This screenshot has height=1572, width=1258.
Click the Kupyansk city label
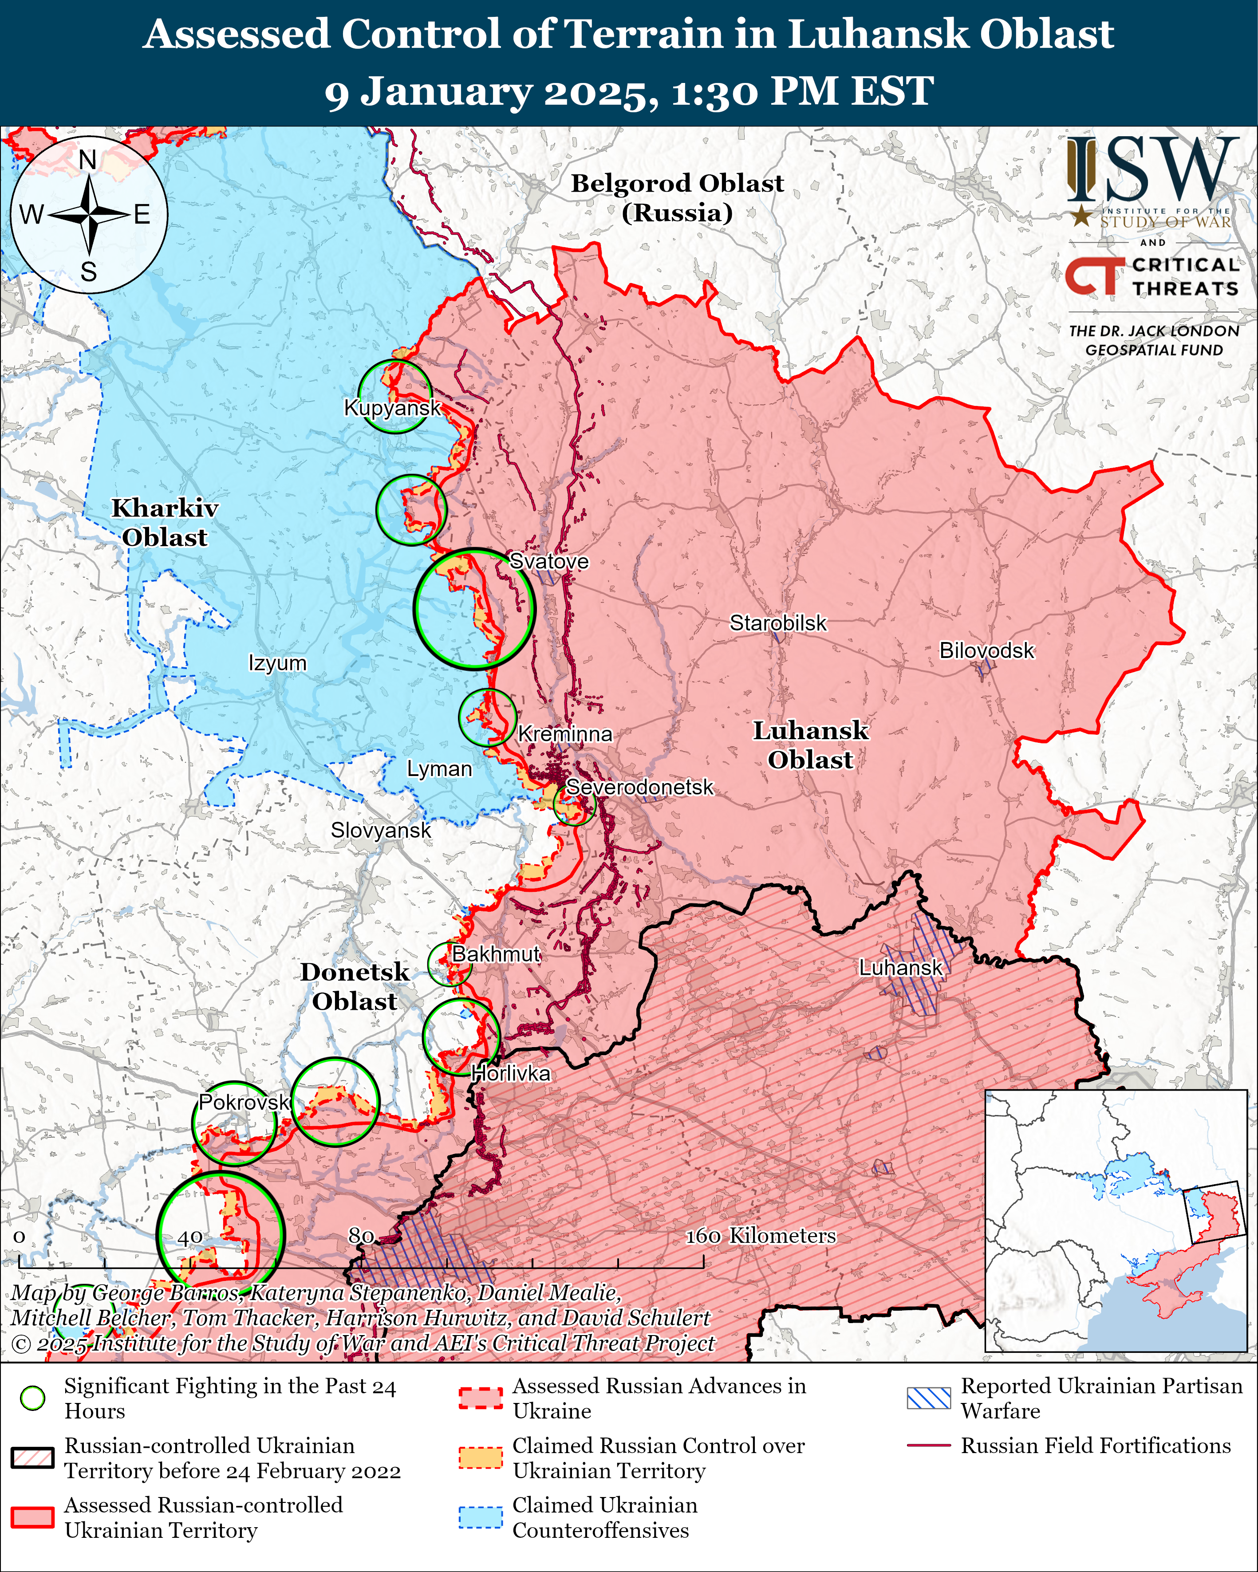(392, 408)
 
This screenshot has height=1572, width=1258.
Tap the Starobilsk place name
(778, 623)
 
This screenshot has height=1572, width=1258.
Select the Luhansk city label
(901, 968)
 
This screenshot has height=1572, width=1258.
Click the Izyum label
(277, 663)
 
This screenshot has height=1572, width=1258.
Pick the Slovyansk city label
(381, 831)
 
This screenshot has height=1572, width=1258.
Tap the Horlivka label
(510, 1073)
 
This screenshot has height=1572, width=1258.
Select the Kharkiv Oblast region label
(165, 523)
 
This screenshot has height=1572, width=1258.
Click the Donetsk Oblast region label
(355, 986)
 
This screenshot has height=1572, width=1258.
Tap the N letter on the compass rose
(87, 160)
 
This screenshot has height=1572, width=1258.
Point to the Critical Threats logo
(1152, 276)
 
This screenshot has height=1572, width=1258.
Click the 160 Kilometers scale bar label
(761, 1236)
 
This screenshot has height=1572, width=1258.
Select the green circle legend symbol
(33, 1398)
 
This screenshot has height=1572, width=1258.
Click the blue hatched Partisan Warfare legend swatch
(928, 1398)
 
